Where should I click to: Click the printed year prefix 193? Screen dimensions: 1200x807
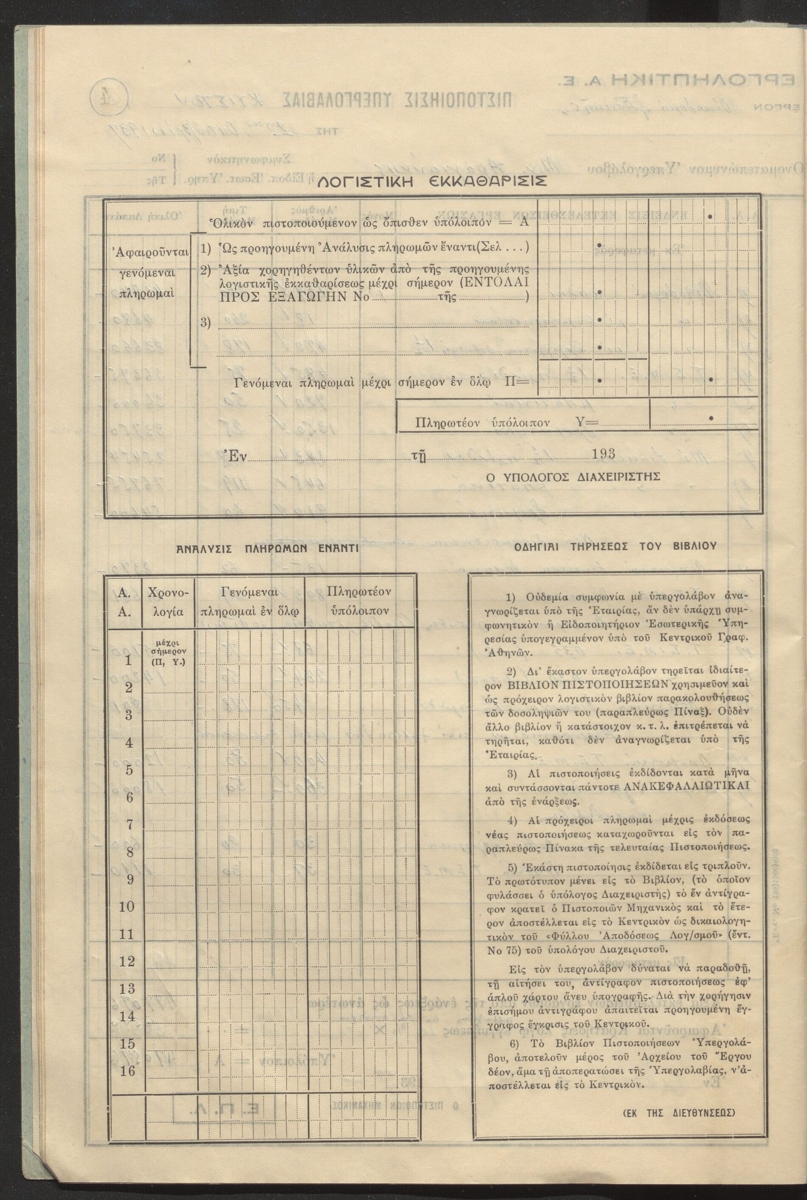click(x=603, y=454)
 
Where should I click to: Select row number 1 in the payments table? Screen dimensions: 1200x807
click(x=128, y=661)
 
